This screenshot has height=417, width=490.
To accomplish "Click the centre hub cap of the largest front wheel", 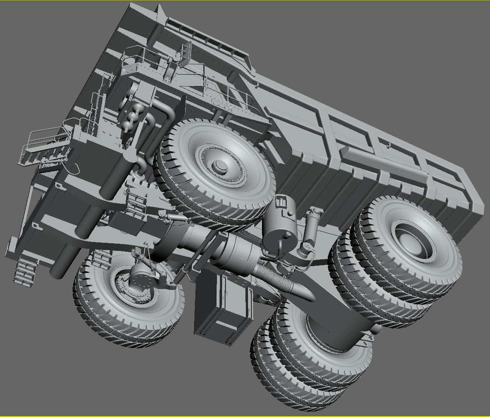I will (x=221, y=165).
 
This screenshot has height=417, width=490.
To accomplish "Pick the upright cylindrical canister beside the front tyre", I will (x=280, y=227).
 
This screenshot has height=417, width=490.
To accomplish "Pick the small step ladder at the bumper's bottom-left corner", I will (x=24, y=271).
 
